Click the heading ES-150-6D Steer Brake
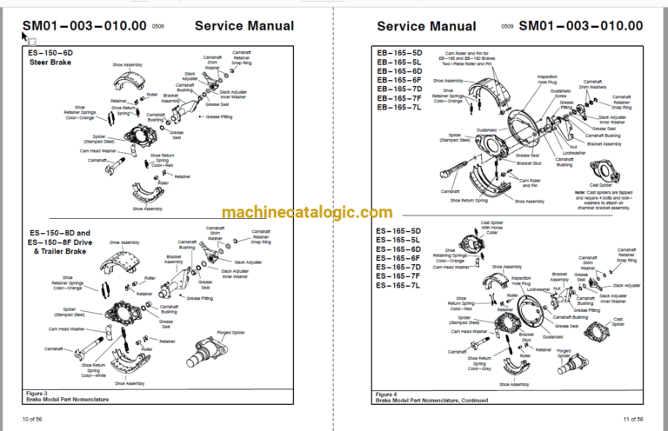click(x=52, y=56)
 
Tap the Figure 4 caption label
click(x=389, y=392)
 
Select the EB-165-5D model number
click(x=399, y=51)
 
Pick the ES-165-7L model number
click(x=399, y=286)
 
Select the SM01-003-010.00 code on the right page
click(x=581, y=26)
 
